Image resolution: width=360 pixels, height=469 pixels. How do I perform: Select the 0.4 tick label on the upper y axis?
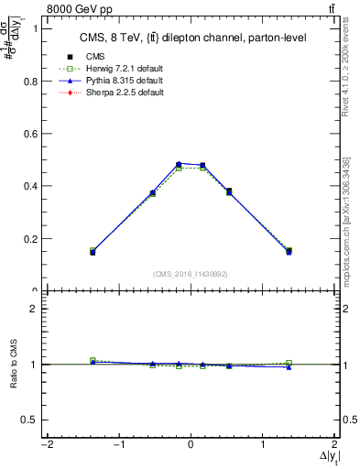click(x=29, y=186)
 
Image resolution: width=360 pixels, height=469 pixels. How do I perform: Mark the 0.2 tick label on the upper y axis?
click(x=29, y=239)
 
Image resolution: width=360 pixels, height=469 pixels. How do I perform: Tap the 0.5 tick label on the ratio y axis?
click(x=29, y=420)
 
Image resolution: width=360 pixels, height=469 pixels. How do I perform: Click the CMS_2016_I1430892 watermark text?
click(x=191, y=274)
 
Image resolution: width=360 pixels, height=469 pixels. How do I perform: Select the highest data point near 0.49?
click(x=179, y=164)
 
